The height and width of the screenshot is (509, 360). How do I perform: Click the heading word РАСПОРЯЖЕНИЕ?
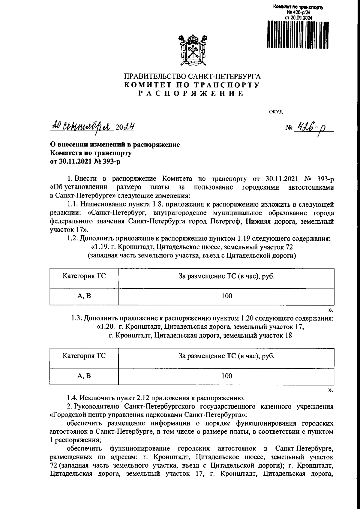[x=191, y=94]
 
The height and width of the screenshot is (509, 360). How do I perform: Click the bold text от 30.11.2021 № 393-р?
[x=86, y=162]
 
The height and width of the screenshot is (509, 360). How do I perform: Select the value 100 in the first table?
[x=227, y=296]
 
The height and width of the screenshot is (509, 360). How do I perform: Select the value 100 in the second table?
[x=227, y=376]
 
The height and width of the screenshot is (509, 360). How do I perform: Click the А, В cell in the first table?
[x=84, y=296]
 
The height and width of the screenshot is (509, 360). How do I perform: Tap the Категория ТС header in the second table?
[x=84, y=356]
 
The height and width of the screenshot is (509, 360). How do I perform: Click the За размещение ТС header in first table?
[x=227, y=276]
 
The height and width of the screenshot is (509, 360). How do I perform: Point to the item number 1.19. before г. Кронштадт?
[x=103, y=247]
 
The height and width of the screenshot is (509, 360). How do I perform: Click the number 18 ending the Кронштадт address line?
[x=288, y=336]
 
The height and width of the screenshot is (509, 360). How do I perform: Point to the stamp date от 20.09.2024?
[x=298, y=18]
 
